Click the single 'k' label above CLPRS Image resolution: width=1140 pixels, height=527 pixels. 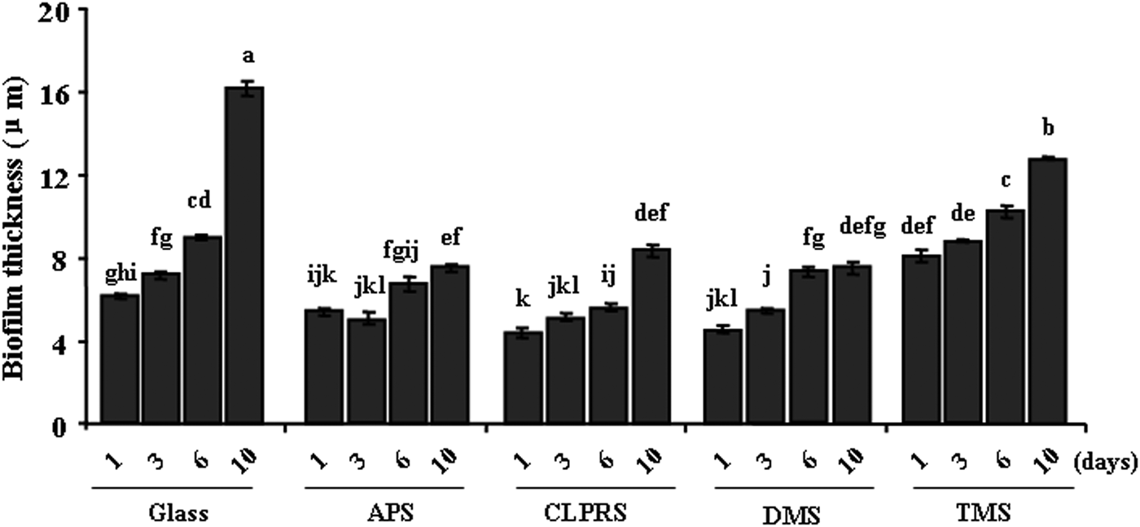[523, 301]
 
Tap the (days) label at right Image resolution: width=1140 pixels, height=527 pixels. [1104, 462]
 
